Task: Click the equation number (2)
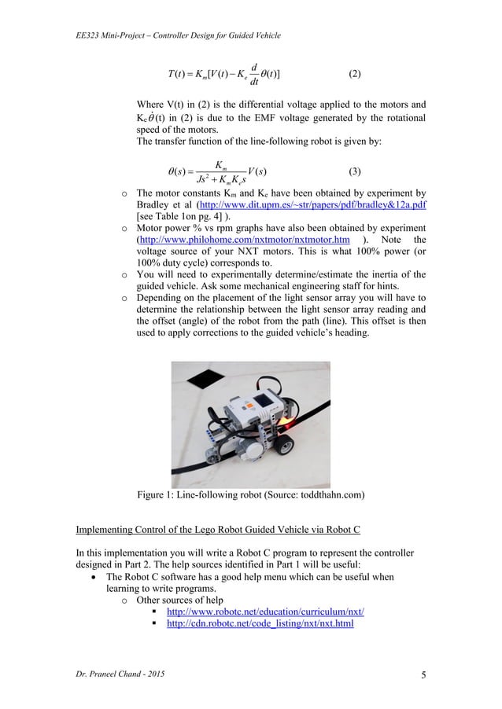point(354,75)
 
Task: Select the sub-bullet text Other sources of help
point(182,598)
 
